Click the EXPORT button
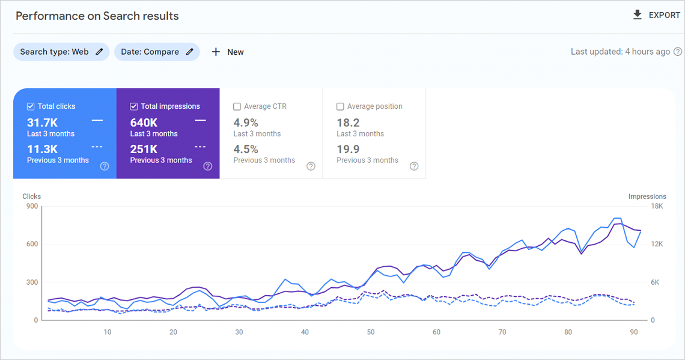(x=656, y=15)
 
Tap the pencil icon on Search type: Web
(x=99, y=52)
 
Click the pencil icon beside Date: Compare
(x=190, y=52)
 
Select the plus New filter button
(x=228, y=52)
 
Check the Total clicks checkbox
(x=31, y=106)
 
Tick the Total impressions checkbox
(x=134, y=106)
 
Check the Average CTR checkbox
(x=237, y=106)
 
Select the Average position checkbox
(x=341, y=106)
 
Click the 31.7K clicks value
(x=43, y=123)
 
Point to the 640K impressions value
(x=144, y=123)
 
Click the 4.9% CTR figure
(x=246, y=123)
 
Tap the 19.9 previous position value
(x=348, y=149)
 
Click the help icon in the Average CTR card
(x=311, y=166)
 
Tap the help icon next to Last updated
(x=678, y=52)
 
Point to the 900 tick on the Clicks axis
(x=32, y=206)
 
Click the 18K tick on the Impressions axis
(x=657, y=206)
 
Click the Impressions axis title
(x=647, y=197)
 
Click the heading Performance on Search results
(x=97, y=16)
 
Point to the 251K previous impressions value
(x=144, y=149)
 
